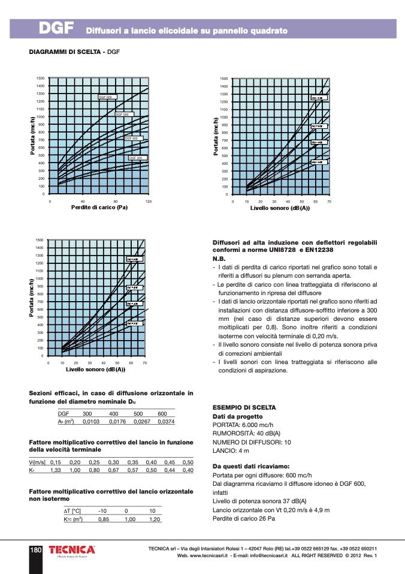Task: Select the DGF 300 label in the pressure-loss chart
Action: (136, 158)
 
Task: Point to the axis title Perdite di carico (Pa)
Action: (99, 208)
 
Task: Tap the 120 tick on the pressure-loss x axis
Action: (148, 202)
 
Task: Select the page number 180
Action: (35, 549)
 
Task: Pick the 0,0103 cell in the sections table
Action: (90, 422)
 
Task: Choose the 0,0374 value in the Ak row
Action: (165, 422)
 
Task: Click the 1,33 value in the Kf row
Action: (56, 470)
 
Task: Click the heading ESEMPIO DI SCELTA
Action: (236, 407)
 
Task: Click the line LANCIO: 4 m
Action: (231, 450)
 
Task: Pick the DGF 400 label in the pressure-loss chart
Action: (131, 139)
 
